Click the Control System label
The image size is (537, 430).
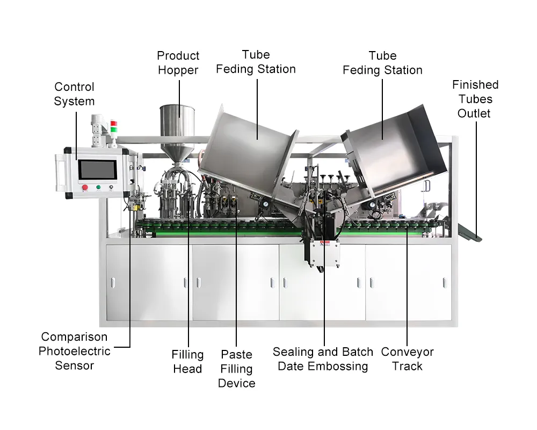pyautogui.click(x=74, y=94)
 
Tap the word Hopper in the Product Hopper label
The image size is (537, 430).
pyautogui.click(x=178, y=70)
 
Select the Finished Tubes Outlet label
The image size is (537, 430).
pyautogui.click(x=475, y=99)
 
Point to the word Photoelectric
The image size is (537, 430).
pyautogui.click(x=74, y=351)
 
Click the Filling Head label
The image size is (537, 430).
pyautogui.click(x=187, y=361)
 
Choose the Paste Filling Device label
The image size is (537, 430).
pyautogui.click(x=237, y=369)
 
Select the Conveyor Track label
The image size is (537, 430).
pyautogui.click(x=407, y=359)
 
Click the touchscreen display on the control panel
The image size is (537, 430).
pyautogui.click(x=98, y=170)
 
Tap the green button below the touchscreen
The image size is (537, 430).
pyautogui.click(x=98, y=187)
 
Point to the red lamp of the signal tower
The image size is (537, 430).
pyautogui.click(x=114, y=124)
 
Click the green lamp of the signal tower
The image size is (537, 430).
pyautogui.click(x=114, y=130)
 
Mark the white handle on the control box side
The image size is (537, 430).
pyautogui.click(x=60, y=172)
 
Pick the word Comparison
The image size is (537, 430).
pyautogui.click(x=74, y=337)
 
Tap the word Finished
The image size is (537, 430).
pyautogui.click(x=475, y=85)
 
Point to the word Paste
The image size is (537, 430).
pyautogui.click(x=237, y=354)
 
